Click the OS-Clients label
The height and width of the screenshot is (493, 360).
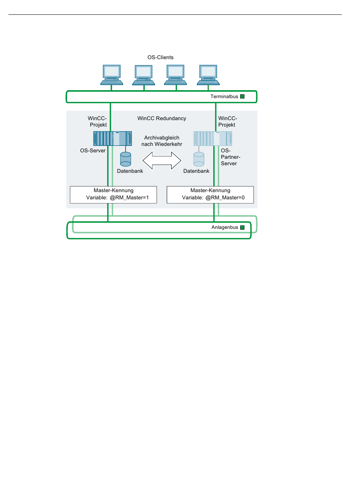point(160,58)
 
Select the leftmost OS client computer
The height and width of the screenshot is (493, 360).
point(111,75)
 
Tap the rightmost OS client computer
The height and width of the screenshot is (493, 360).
point(208,75)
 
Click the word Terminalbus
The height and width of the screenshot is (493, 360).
point(224,97)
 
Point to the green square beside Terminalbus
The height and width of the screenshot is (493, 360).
point(242,97)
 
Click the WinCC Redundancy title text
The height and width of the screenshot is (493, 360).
point(162,118)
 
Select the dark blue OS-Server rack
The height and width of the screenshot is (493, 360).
point(113,138)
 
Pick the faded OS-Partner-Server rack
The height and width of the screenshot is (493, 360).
point(213,138)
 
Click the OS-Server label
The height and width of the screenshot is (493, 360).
point(92,150)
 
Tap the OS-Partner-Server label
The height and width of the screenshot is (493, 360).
point(230,157)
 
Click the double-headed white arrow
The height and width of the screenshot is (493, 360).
point(162,161)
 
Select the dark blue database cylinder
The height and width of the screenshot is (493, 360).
point(126,159)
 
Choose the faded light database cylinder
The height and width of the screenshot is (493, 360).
point(199,159)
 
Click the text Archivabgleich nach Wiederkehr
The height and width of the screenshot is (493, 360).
point(162,141)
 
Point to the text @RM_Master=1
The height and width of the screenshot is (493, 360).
point(129,198)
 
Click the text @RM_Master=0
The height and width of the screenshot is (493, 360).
point(225,198)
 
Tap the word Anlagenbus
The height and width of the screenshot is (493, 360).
point(225,227)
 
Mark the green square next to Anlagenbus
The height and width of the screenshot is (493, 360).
point(242,228)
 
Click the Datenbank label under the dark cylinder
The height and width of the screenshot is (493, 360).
point(130,171)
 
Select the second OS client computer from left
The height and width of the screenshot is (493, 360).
point(144,75)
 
